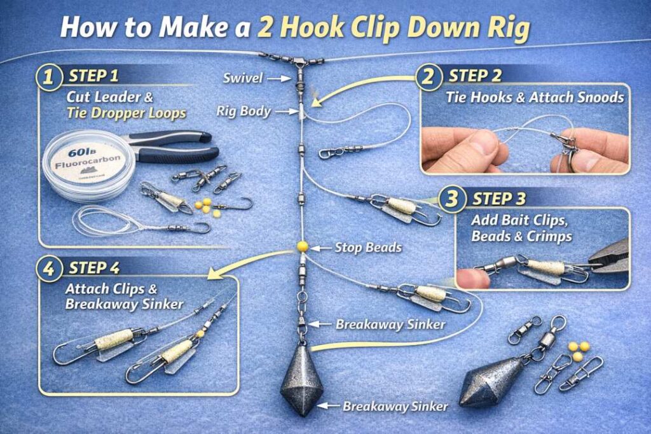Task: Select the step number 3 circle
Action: coord(452,199)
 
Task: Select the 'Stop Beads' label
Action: coord(368,248)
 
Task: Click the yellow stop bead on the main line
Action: coord(302,246)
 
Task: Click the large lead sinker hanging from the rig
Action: coord(302,381)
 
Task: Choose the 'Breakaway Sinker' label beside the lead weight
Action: coord(395,405)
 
